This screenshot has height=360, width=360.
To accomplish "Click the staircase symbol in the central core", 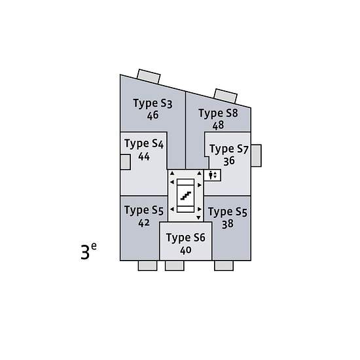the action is pyautogui.click(x=186, y=196).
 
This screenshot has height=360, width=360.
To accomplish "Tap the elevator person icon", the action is pyautogui.click(x=211, y=175).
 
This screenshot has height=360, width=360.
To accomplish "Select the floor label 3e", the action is pyautogui.click(x=88, y=251).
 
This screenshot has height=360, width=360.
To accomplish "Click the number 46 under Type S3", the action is pyautogui.click(x=153, y=115).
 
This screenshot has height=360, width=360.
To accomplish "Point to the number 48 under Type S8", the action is pyautogui.click(x=218, y=125).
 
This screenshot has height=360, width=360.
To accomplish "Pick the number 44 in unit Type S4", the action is pyautogui.click(x=144, y=156).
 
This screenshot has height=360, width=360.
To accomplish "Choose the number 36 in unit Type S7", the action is pyautogui.click(x=229, y=161).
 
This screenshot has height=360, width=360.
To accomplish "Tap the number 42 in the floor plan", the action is pyautogui.click(x=144, y=223).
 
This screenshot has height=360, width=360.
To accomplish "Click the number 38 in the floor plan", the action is pyautogui.click(x=228, y=224).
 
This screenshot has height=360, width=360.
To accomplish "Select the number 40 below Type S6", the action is pyautogui.click(x=186, y=250).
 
